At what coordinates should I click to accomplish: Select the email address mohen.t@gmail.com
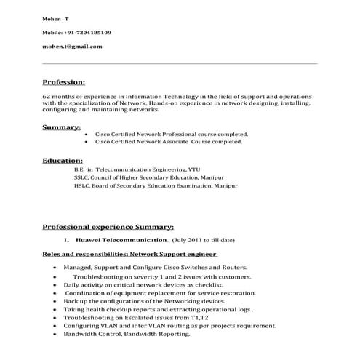[x=72, y=46]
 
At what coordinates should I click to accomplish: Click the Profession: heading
[x=64, y=82]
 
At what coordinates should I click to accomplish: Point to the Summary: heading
[x=61, y=128]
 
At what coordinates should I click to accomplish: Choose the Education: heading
[x=63, y=160]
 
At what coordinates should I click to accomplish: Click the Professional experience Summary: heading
[x=108, y=226]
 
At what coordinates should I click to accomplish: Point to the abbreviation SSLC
[x=81, y=177]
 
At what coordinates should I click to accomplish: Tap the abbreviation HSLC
[x=81, y=185]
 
